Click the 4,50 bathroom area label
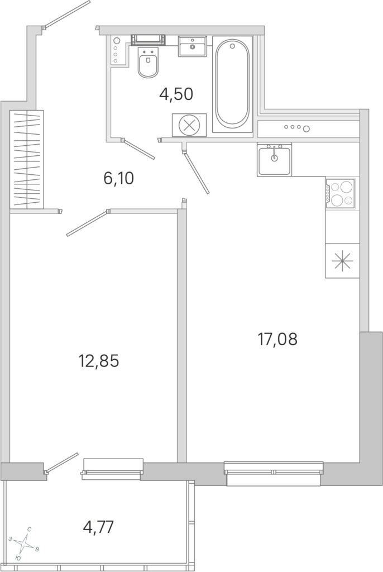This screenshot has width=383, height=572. (176, 94)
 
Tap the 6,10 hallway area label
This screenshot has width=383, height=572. (119, 179)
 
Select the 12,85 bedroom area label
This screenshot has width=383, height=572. (99, 361)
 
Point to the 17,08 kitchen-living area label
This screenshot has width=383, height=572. (277, 339)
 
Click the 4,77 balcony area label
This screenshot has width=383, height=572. (99, 527)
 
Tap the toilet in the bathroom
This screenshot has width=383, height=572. (148, 62)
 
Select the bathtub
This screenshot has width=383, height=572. (232, 84)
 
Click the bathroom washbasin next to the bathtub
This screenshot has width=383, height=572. (192, 46)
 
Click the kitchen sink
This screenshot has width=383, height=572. (274, 160)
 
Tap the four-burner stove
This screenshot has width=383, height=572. (341, 193)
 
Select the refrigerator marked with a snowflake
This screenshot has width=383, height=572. (342, 261)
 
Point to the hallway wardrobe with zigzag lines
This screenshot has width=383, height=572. (27, 160)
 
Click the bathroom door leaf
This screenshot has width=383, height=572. (138, 149)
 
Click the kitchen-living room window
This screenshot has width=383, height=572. (274, 474)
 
